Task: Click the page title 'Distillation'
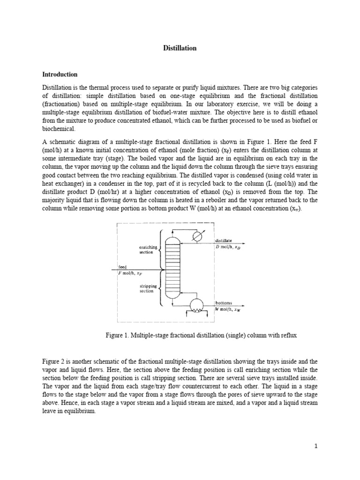[x=180, y=48]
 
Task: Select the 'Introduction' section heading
[x=60, y=74]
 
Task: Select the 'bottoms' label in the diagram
[x=224, y=303]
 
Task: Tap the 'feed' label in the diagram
[x=122, y=267]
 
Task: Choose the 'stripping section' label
[x=146, y=288]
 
